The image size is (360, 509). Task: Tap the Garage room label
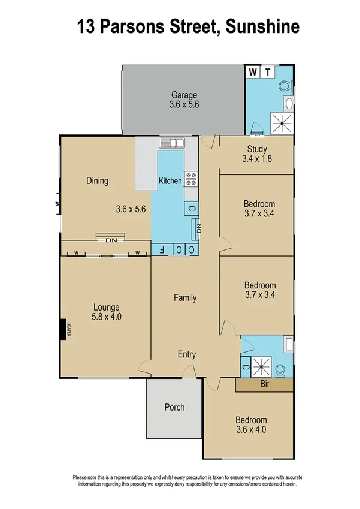[184, 95]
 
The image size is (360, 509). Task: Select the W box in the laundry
[253, 72]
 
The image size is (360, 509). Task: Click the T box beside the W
[268, 72]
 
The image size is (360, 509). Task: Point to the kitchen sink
[173, 143]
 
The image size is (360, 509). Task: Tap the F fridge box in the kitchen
[161, 249]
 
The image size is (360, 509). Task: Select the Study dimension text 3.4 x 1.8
[257, 159]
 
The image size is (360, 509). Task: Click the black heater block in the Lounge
[63, 330]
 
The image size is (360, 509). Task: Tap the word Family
[185, 297]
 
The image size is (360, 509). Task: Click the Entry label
[187, 354]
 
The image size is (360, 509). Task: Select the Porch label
[174, 407]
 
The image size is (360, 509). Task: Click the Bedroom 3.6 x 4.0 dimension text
[251, 429]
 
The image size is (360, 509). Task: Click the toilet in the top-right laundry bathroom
[286, 88]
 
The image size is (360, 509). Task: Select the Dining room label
[97, 180]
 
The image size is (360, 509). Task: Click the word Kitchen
[170, 180]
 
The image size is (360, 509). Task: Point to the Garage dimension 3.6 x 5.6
[184, 104]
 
